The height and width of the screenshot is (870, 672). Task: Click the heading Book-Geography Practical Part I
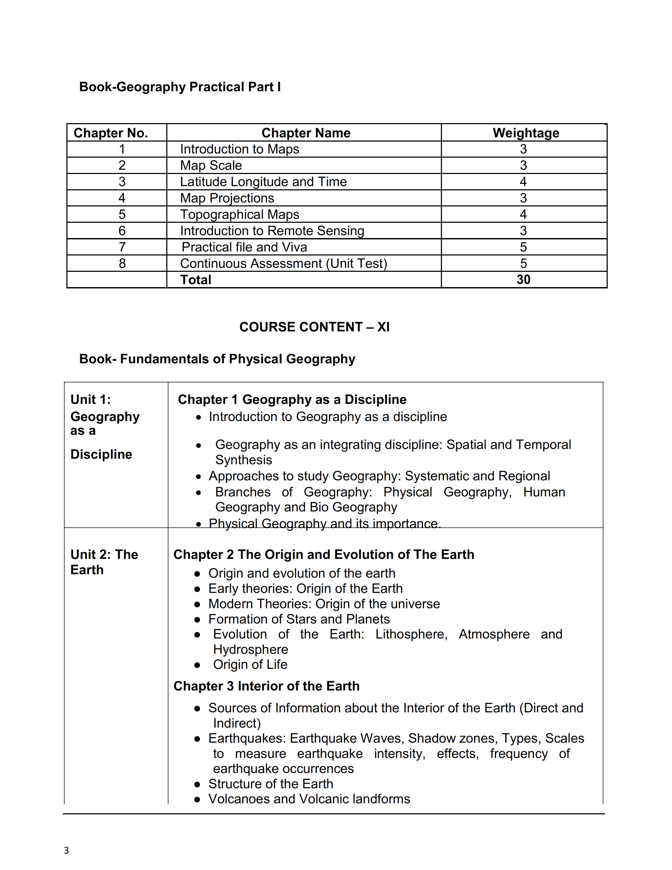180,87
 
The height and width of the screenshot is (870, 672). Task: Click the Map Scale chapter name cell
211,165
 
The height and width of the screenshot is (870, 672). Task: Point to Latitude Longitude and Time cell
263,182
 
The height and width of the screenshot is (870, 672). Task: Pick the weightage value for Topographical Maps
523,214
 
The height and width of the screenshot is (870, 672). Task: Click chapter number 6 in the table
122,231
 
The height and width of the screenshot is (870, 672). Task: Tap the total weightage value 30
523,280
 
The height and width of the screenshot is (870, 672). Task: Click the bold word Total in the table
196,280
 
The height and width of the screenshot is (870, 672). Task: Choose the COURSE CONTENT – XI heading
314,327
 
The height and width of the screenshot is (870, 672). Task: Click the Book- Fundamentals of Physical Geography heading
217,359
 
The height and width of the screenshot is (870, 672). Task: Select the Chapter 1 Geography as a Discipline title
292,400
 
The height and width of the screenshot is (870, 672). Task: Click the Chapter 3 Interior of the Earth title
266,686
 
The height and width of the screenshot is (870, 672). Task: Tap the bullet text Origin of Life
250,664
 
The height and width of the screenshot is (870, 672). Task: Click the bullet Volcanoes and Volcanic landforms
309,799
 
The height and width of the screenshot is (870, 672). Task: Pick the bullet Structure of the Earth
271,784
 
